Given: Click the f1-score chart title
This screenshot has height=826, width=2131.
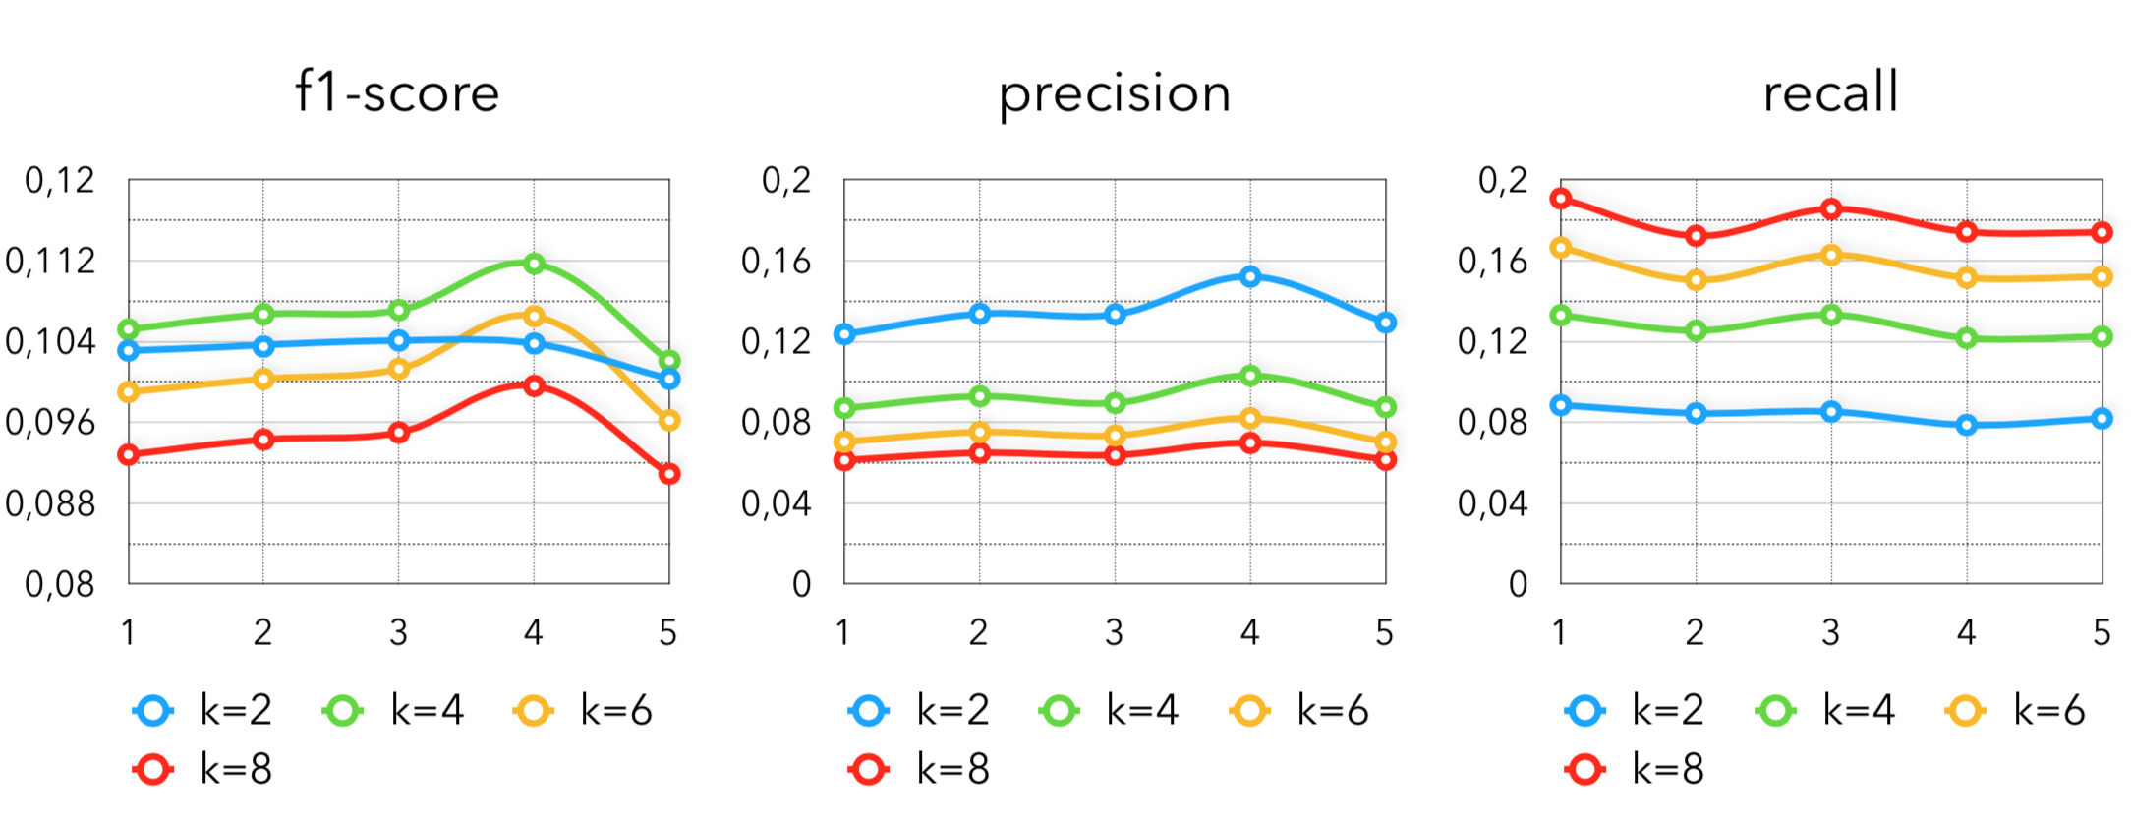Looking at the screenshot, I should (397, 93).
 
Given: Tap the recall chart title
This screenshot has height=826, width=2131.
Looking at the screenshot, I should (1830, 93).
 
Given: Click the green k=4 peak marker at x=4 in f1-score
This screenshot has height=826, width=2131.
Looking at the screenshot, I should (534, 264).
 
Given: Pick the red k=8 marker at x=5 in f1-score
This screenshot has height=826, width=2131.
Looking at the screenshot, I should (669, 474).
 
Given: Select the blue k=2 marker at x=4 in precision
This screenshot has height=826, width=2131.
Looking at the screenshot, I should (1250, 277).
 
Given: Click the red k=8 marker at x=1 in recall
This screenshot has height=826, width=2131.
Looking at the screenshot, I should (1560, 199).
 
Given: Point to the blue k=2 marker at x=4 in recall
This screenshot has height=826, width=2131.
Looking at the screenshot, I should (1967, 425).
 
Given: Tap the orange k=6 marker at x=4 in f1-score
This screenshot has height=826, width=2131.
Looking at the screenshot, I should (534, 316).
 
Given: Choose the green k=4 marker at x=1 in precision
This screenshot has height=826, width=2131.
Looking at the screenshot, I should (844, 408).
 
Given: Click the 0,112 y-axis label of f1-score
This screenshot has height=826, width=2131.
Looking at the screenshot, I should (51, 262).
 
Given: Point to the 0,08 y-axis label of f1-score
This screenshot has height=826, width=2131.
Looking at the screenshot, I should (60, 585).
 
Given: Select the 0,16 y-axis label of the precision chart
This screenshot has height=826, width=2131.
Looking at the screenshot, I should (777, 262).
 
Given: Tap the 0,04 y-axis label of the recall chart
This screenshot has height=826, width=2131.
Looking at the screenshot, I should (1493, 504).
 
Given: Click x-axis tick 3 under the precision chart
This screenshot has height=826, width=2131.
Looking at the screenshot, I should (1114, 632).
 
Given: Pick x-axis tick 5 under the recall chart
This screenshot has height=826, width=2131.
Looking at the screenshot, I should (2102, 632).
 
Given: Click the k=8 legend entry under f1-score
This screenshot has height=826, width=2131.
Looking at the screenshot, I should (203, 769).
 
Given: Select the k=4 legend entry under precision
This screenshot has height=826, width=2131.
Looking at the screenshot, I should (1110, 710).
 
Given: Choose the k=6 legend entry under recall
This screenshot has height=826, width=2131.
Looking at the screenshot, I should (2016, 710).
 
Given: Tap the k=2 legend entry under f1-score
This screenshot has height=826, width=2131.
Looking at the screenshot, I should (203, 710).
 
